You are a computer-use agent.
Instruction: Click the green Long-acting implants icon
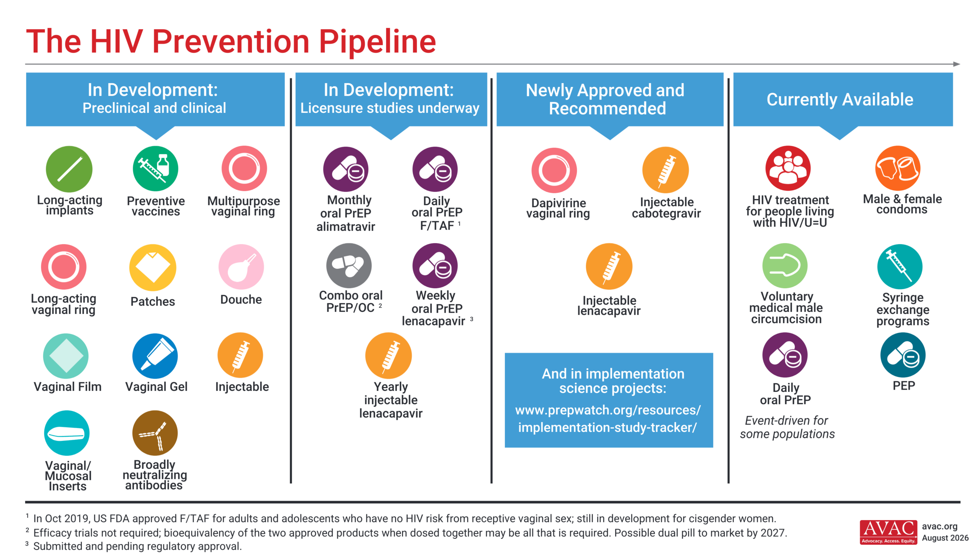(x=69, y=169)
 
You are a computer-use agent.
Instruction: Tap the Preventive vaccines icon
(x=155, y=169)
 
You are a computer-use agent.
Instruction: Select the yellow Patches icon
(x=153, y=267)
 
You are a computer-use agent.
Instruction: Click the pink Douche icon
(x=241, y=267)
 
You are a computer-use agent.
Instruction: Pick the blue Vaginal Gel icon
(x=155, y=356)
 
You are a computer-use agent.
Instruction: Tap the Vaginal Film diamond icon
(x=66, y=356)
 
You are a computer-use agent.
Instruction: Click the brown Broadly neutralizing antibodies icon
(x=155, y=433)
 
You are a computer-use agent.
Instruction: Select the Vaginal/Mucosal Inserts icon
(x=67, y=433)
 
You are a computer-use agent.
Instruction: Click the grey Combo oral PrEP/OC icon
(x=349, y=266)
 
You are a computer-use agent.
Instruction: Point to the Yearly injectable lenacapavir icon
(x=389, y=356)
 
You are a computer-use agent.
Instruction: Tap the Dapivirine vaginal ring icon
(x=554, y=170)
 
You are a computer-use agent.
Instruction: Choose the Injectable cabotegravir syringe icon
(x=666, y=170)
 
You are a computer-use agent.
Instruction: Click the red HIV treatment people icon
(x=788, y=168)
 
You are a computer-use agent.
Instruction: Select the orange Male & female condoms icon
(x=898, y=168)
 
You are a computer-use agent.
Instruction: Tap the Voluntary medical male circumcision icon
(x=785, y=266)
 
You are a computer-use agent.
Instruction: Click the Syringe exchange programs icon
(x=900, y=267)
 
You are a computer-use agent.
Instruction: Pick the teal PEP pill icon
(x=903, y=355)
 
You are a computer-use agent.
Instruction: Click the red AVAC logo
(x=889, y=532)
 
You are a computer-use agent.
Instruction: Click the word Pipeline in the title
(x=377, y=42)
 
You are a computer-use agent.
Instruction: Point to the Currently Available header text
(x=840, y=100)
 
